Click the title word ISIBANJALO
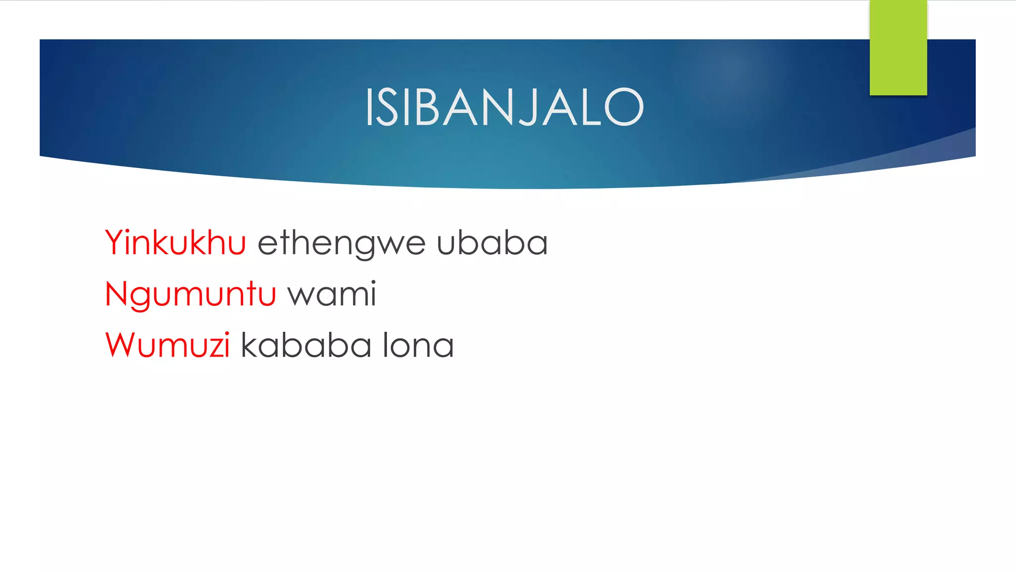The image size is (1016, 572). (x=504, y=107)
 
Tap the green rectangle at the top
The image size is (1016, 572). (x=898, y=48)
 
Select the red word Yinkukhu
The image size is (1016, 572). (x=176, y=243)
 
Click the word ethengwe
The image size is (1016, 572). (x=341, y=244)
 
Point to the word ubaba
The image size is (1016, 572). (x=492, y=243)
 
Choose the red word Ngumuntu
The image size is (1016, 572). (x=190, y=294)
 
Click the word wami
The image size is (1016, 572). (x=332, y=294)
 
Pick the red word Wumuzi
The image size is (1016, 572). (x=168, y=345)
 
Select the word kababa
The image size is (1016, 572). (x=306, y=345)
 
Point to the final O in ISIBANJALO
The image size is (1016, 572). (x=624, y=107)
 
